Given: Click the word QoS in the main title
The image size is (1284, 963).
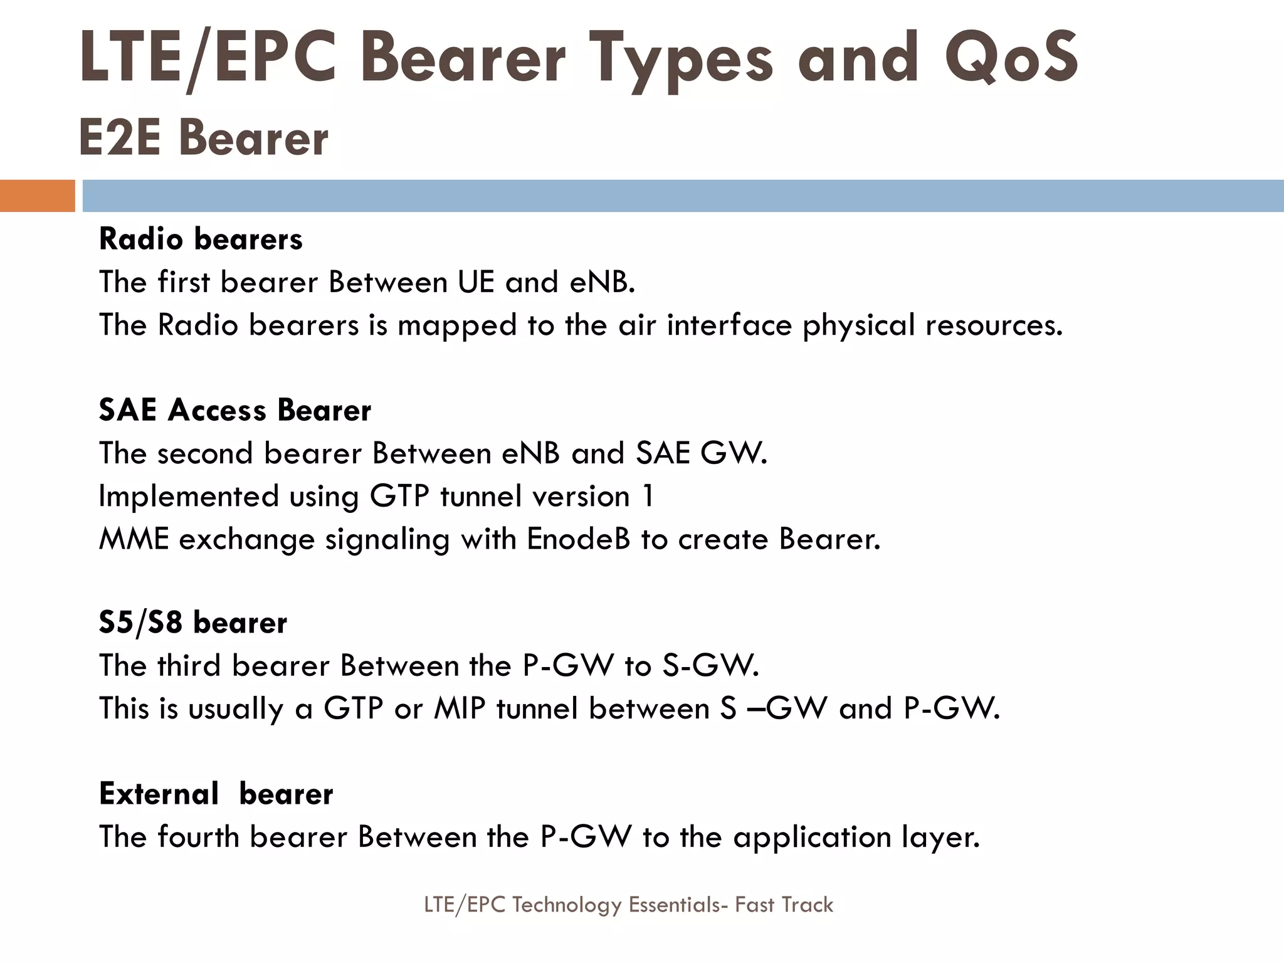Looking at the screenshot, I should point(1011,58).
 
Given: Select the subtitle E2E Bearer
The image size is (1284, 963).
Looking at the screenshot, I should point(203,138).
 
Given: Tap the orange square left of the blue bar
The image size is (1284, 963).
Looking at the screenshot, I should point(37,196).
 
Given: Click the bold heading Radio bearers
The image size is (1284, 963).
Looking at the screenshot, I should point(201,239).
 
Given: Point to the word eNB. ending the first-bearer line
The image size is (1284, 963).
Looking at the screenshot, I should point(602,282).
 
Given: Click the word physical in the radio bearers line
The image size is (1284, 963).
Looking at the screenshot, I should point(858,325).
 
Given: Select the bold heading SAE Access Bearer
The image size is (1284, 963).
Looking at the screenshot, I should point(235,411).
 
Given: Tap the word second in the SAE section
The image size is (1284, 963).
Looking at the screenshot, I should point(205,453).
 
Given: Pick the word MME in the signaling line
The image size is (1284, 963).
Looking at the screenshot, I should point(134,539).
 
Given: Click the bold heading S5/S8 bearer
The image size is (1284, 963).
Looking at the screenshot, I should point(193,623).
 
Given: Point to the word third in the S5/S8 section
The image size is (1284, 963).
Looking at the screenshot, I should point(189,665).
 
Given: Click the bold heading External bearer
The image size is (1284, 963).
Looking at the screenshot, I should point(216,794).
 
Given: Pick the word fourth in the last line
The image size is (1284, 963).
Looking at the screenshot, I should point(198,837).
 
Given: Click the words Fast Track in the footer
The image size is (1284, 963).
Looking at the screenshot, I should point(784,905).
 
